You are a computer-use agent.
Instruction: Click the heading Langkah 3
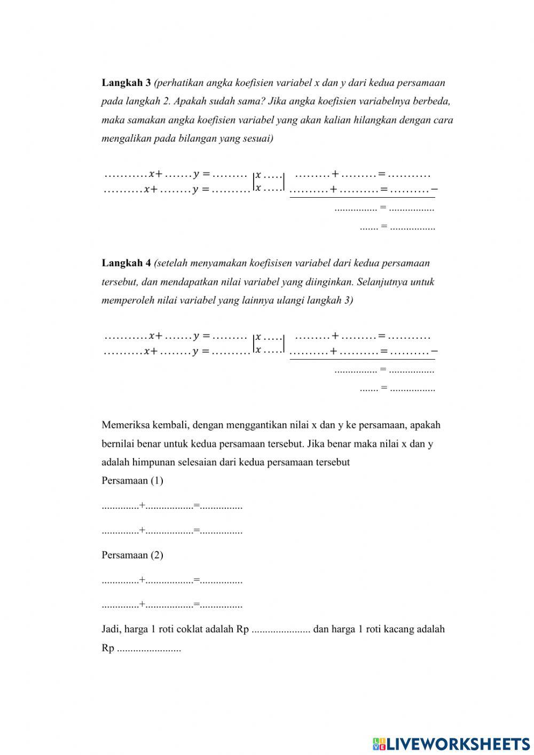[x=126, y=83]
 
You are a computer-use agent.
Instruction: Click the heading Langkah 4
[x=126, y=263]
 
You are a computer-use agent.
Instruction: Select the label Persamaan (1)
[x=132, y=480]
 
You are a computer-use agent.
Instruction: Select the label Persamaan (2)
[x=132, y=555]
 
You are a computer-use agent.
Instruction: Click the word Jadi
[x=111, y=629]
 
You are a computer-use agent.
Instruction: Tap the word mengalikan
[x=126, y=139]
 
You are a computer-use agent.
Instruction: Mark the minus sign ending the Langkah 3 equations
[x=435, y=189]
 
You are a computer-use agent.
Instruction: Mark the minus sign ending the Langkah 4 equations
[x=435, y=351]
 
